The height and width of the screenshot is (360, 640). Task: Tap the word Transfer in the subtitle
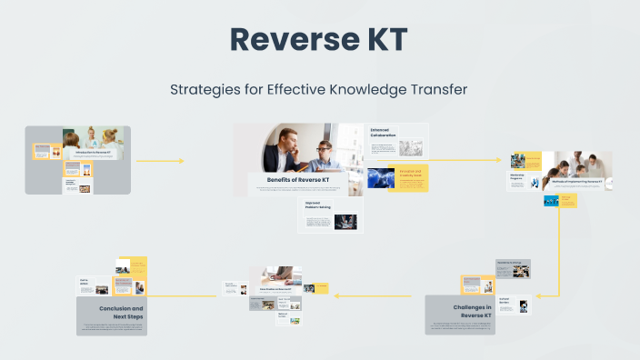click(438, 90)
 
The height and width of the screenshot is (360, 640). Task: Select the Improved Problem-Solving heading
click(319, 205)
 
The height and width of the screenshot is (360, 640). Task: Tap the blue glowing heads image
click(381, 177)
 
